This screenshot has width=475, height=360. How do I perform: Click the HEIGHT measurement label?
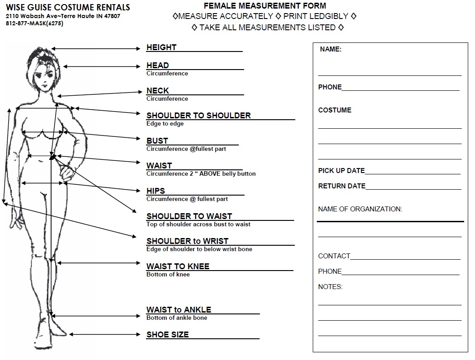pyautogui.click(x=161, y=47)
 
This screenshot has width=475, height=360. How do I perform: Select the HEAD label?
pyautogui.click(x=157, y=65)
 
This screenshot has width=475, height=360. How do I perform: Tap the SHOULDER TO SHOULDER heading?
pyautogui.click(x=198, y=116)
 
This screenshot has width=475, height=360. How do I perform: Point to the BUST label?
pyautogui.click(x=157, y=141)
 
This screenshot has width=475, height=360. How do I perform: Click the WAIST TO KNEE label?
pyautogui.click(x=178, y=266)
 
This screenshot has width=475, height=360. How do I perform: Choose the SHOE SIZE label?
pyautogui.click(x=167, y=335)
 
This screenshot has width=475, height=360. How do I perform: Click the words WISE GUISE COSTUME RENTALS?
pyautogui.click(x=68, y=7)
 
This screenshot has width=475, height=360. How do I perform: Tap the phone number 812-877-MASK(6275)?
pyautogui.click(x=34, y=23)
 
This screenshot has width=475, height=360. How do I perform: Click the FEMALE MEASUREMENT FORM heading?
pyautogui.click(x=265, y=6)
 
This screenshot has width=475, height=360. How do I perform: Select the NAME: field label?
pyautogui.click(x=330, y=50)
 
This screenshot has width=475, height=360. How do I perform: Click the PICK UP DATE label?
pyautogui.click(x=341, y=171)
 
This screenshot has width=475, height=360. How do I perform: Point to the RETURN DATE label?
pyautogui.click(x=342, y=186)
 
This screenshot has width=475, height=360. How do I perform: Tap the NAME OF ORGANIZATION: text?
pyautogui.click(x=360, y=209)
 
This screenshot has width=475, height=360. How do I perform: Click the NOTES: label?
pyautogui.click(x=330, y=287)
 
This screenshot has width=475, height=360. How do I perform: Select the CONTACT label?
pyautogui.click(x=334, y=256)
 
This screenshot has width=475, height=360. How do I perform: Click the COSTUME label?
pyautogui.click(x=334, y=110)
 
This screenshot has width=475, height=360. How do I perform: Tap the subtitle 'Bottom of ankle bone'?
pyautogui.click(x=177, y=318)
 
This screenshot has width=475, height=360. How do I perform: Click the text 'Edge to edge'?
pyautogui.click(x=165, y=124)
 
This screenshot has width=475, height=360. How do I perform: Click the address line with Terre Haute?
pyautogui.click(x=63, y=16)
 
